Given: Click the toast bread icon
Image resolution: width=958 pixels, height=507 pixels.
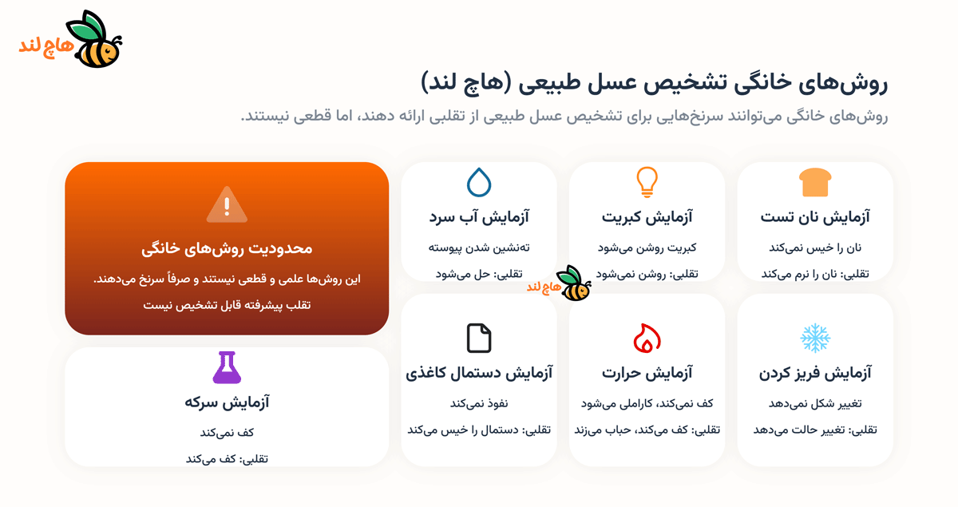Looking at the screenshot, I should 815,183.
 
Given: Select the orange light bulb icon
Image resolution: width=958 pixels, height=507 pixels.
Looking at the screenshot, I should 647,183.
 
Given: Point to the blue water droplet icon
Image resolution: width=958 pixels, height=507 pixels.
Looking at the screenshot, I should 479,183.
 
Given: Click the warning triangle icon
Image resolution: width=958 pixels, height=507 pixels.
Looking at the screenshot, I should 227,204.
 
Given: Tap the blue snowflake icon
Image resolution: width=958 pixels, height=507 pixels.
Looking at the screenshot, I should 815,339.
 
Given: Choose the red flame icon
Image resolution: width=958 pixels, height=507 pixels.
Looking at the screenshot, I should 647,339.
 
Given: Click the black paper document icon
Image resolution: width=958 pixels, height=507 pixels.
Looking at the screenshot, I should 479,339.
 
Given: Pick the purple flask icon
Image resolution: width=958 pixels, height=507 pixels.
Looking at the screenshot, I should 227,367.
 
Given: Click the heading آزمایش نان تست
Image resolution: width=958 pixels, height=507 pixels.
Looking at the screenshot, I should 815,216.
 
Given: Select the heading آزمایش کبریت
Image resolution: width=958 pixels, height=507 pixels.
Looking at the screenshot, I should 647,216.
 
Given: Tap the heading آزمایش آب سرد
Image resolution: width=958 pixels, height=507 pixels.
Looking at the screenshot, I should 479,216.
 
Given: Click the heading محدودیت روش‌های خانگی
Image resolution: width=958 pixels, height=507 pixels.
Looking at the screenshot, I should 227,248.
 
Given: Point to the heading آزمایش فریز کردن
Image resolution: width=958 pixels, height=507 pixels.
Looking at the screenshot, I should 815,373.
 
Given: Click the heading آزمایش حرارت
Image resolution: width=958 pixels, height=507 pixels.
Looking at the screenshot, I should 647,373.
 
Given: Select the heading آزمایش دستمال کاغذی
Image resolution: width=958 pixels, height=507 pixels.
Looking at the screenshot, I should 479,373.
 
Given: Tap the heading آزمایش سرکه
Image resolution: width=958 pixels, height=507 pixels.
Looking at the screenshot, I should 227,402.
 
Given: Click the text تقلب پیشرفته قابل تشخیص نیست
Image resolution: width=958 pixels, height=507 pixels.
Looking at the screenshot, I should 227,306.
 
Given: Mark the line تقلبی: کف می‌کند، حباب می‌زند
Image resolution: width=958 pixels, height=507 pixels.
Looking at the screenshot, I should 647,430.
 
